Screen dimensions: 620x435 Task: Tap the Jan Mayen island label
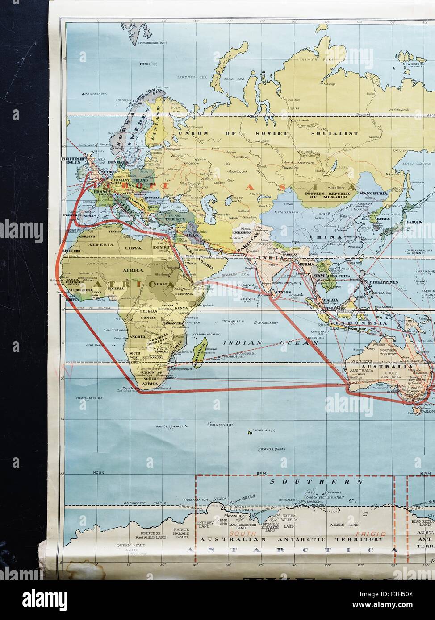pos(95,93)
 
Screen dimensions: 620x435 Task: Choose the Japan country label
pos(414,222)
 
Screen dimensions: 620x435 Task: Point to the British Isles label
pos(70,161)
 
